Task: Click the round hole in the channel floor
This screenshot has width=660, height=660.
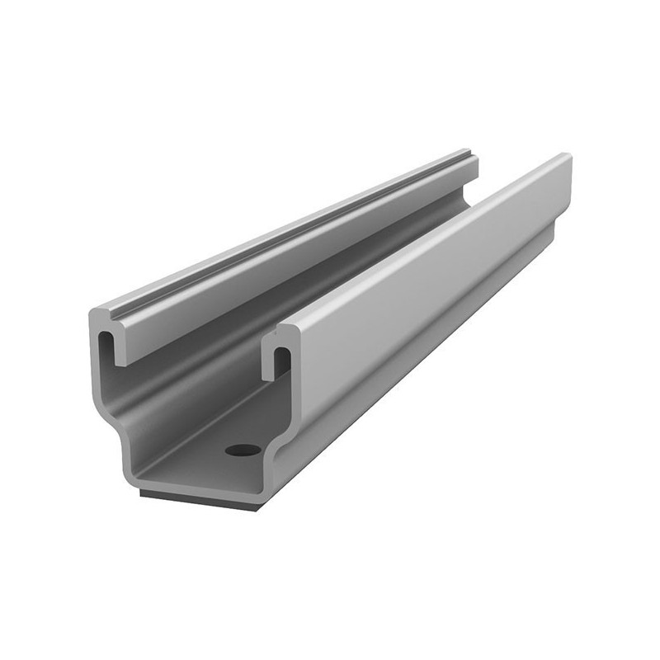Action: pyautogui.click(x=243, y=450)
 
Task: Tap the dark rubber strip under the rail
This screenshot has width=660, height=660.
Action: pyautogui.click(x=198, y=498)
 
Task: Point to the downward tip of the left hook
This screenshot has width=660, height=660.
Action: pyautogui.click(x=119, y=361)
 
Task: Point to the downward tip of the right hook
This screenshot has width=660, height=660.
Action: pyautogui.click(x=268, y=375)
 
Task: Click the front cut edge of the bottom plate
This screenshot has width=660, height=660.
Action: pyautogui.click(x=198, y=487)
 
